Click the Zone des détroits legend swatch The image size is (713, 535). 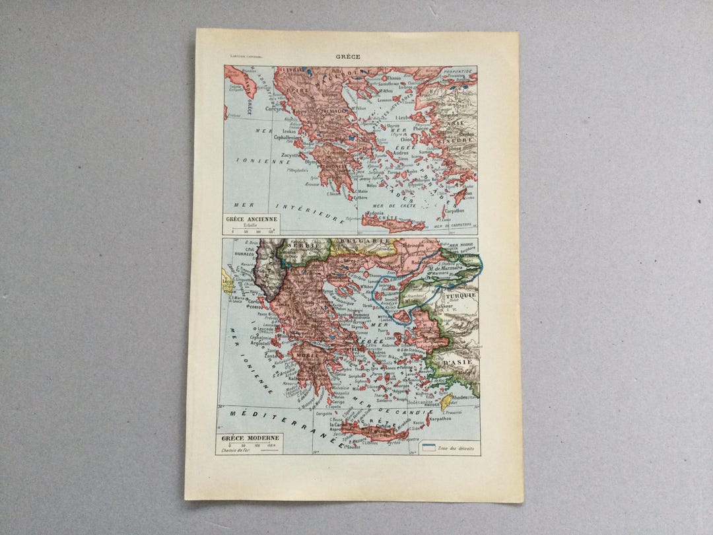tap(428, 448)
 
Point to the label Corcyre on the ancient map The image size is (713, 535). tap(273, 109)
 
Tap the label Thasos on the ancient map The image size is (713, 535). tap(393, 78)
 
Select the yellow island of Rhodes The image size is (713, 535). tap(446, 401)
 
